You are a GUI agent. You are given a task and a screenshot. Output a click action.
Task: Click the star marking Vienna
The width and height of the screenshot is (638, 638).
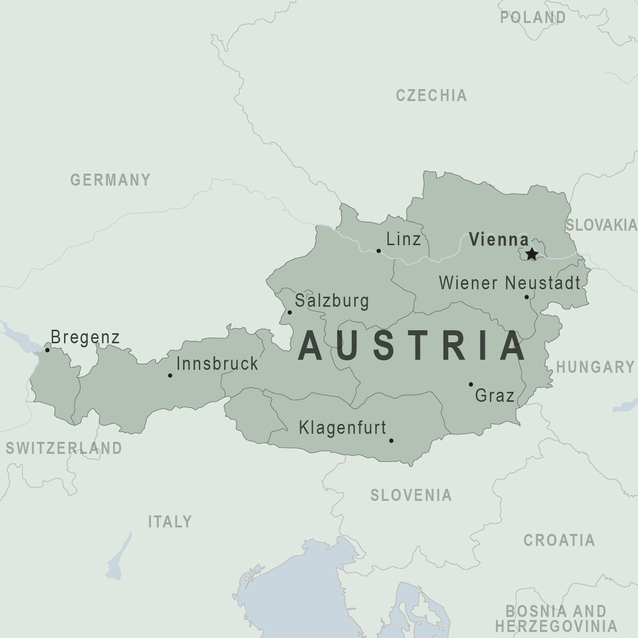click(x=531, y=254)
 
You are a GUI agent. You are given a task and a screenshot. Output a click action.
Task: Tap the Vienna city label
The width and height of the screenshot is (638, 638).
click(x=498, y=240)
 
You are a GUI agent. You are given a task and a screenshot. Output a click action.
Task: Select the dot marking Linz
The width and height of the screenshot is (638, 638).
click(x=378, y=251)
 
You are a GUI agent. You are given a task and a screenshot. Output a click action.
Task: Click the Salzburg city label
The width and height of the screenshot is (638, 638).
click(x=332, y=301)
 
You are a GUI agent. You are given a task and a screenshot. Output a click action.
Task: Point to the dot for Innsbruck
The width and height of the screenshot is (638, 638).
click(x=170, y=375)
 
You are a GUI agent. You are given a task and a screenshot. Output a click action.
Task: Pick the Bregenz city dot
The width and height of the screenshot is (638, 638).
click(x=48, y=350)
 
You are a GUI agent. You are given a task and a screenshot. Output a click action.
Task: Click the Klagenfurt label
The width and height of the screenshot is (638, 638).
click(x=342, y=428)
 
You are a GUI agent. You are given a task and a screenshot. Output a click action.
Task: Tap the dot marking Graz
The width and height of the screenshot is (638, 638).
click(x=470, y=384)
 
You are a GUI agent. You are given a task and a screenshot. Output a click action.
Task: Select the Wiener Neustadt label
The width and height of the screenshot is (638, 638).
click(x=509, y=283)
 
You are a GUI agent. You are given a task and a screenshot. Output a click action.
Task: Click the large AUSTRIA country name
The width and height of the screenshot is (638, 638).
click(x=412, y=346)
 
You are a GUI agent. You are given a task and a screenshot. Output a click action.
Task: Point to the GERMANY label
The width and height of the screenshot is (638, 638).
click(x=110, y=180)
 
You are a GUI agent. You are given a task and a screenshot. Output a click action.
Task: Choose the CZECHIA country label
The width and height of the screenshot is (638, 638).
click(x=431, y=96)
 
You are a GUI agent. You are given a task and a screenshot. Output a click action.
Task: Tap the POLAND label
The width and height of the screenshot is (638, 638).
click(x=533, y=18)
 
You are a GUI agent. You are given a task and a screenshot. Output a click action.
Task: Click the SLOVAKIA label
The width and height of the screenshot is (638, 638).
click(x=601, y=225)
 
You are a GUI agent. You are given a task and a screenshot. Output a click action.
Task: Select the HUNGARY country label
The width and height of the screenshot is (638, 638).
click(x=595, y=367)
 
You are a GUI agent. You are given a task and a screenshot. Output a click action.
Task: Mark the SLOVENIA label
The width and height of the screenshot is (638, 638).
click(x=411, y=495)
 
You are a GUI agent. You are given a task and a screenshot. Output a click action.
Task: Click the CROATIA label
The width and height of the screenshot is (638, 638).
click(x=559, y=540)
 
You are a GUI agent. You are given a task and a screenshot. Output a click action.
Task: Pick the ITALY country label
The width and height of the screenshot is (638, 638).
click(x=170, y=522)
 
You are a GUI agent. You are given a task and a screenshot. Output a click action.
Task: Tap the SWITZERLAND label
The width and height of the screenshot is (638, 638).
click(x=64, y=448)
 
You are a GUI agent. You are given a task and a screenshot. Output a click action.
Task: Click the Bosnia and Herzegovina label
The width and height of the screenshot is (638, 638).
click(x=556, y=618)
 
